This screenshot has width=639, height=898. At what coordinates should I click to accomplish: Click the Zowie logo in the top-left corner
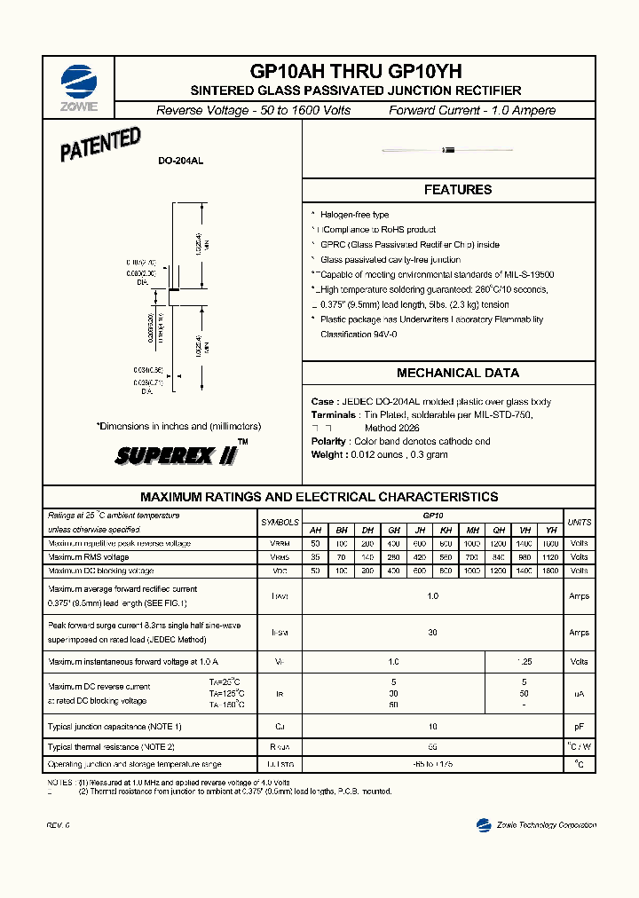(x=79, y=86)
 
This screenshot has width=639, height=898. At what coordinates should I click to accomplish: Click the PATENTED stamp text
(x=100, y=145)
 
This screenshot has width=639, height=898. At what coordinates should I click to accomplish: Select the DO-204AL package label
(x=180, y=161)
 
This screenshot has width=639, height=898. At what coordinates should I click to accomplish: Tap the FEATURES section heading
(x=457, y=190)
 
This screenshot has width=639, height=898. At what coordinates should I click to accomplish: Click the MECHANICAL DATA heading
(x=457, y=374)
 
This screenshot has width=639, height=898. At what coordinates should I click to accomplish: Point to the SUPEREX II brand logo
(x=177, y=455)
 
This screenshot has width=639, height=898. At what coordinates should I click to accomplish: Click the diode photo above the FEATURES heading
(x=448, y=150)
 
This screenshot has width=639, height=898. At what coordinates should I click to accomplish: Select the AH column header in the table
(x=314, y=529)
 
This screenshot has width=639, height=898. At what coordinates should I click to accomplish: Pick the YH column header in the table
(x=550, y=529)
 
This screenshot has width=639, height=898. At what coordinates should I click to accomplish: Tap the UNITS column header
(x=579, y=522)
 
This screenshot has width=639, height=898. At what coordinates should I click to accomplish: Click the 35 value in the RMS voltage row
(x=314, y=557)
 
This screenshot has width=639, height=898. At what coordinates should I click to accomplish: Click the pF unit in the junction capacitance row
(x=579, y=727)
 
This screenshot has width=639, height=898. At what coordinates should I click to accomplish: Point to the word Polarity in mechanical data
(x=329, y=441)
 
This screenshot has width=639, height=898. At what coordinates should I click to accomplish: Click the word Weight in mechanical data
(x=327, y=454)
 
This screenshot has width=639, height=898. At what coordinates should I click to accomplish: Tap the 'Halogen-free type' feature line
(x=354, y=215)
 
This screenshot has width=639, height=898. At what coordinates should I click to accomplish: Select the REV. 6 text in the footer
(x=58, y=826)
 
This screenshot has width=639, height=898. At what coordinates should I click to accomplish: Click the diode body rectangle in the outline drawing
(x=175, y=289)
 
